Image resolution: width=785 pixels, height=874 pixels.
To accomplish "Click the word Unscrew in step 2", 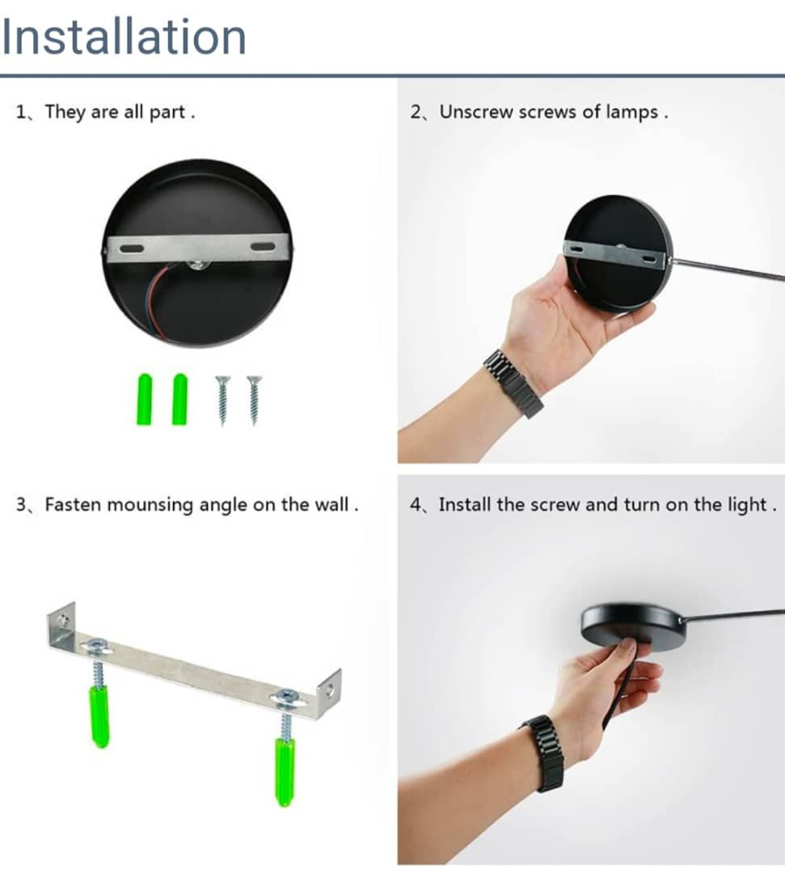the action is [x=476, y=112].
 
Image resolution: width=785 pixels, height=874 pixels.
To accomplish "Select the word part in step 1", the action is [x=167, y=112].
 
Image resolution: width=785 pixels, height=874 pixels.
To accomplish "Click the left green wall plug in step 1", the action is [x=145, y=399].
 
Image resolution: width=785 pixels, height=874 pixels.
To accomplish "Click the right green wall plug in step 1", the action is [x=179, y=399].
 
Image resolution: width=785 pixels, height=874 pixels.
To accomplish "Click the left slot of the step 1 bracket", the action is [x=129, y=248].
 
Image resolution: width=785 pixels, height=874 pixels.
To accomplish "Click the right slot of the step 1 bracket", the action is [x=262, y=246].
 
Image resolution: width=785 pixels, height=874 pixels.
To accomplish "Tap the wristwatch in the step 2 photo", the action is [x=513, y=383].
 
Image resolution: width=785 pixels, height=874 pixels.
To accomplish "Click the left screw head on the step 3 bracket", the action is [x=98, y=646].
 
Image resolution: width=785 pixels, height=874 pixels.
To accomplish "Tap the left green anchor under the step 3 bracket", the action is [x=99, y=716].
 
